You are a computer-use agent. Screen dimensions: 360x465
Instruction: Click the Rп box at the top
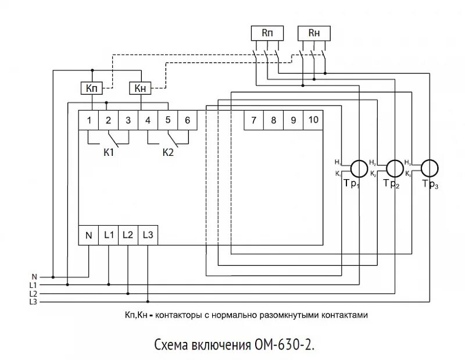coord(267,34)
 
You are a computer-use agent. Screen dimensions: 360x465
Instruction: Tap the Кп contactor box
coord(91,88)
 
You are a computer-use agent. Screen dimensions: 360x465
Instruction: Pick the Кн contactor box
coord(139,88)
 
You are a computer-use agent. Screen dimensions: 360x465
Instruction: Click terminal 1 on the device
coord(89,120)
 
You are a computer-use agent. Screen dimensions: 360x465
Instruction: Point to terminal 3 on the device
coord(128,120)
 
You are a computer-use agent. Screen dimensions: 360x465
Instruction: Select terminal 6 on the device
coord(187,120)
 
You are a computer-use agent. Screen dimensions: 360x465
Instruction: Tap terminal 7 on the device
coord(253,120)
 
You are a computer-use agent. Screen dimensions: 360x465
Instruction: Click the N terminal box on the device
coord(89,236)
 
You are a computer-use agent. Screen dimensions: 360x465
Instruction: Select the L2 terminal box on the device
coord(128,236)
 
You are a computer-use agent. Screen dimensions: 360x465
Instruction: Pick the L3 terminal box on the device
coord(148,236)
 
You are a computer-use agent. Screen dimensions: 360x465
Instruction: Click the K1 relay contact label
coord(109,153)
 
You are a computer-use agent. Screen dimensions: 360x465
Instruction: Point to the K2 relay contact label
coord(168,153)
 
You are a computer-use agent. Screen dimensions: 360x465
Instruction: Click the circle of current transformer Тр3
coord(431,167)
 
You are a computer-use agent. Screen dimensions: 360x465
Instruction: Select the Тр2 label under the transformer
coord(392,184)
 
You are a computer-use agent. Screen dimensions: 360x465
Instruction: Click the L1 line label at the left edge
coord(33,286)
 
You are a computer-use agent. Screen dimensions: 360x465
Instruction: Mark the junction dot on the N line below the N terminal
coord(54,277)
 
